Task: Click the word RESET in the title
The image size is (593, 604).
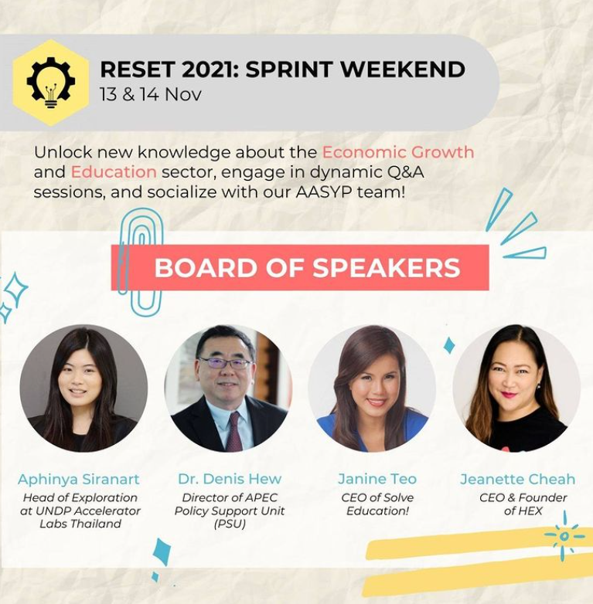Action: [137, 70]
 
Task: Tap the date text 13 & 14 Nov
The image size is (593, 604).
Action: [150, 94]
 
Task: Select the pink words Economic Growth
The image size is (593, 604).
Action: [398, 152]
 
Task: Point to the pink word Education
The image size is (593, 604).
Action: [114, 171]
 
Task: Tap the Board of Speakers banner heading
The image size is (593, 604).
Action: [307, 268]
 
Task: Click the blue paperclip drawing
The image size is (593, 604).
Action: [141, 262]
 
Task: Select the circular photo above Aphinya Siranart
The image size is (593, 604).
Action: [83, 388]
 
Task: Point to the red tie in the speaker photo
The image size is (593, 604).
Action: [234, 431]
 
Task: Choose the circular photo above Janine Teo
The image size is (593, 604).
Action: [372, 388]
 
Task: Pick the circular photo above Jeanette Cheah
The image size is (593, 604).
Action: [516, 388]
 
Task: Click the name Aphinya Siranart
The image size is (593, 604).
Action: [79, 480]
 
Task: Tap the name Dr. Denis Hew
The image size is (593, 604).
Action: [230, 479]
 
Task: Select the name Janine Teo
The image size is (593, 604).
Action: [377, 479]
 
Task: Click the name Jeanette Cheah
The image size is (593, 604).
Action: [518, 479]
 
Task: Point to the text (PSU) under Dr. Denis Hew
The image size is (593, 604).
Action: [230, 524]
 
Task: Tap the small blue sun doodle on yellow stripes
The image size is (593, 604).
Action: [564, 536]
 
